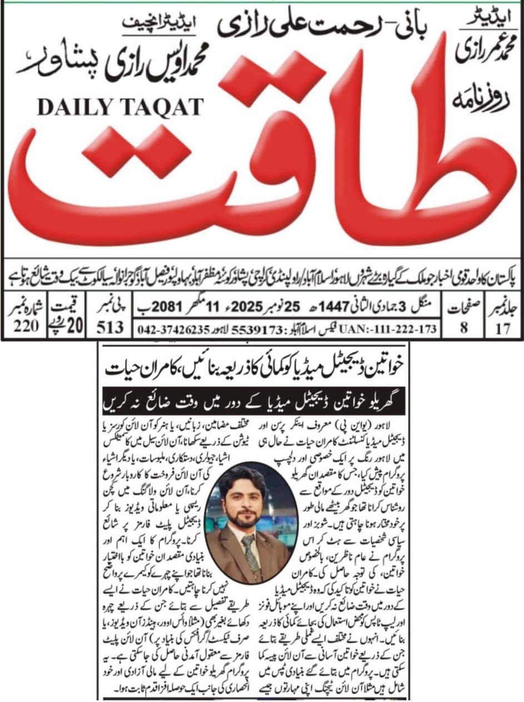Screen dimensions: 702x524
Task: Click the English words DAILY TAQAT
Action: click(120, 107)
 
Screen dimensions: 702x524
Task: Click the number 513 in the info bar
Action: click(110, 328)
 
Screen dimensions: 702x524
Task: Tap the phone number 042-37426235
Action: click(171, 328)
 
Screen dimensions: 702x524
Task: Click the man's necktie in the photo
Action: click(248, 546)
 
